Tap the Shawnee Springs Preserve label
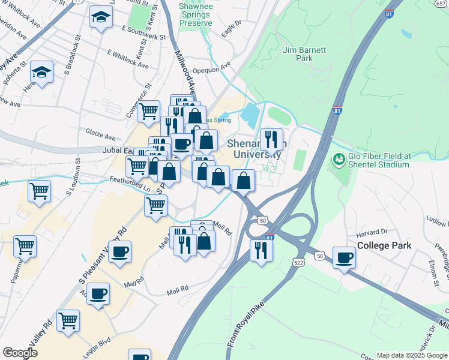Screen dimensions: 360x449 (196, 14)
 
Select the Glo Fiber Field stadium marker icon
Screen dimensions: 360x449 (339, 160)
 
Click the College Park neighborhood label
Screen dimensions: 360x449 (384, 245)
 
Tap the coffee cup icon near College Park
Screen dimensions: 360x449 (344, 257)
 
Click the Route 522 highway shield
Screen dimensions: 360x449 (298, 262)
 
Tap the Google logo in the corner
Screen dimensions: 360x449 (20, 353)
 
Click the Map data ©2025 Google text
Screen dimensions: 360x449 (411, 355)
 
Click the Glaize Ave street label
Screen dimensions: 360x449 (100, 137)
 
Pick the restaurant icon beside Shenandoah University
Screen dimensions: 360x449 (271, 140)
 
